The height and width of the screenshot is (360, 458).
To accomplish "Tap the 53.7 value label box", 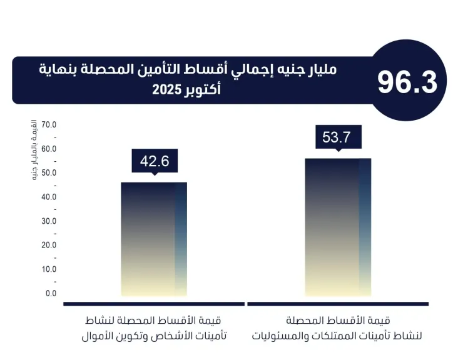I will point(338,137).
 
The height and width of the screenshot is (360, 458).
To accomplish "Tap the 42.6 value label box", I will point(155,161).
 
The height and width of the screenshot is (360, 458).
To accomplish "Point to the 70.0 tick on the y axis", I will point(49,125).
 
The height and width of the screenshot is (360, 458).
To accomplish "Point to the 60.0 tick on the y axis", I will point(49,149).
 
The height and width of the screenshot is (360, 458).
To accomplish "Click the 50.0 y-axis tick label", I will point(49,173).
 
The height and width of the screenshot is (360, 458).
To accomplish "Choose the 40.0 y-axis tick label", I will point(49,197).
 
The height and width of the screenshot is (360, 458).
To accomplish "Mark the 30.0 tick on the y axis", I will point(49,221).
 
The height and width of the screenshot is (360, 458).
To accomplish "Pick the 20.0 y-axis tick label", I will point(49,245).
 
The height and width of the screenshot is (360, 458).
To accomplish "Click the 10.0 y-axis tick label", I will point(49,269).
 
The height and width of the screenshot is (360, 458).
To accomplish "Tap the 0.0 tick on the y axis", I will point(51,293).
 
